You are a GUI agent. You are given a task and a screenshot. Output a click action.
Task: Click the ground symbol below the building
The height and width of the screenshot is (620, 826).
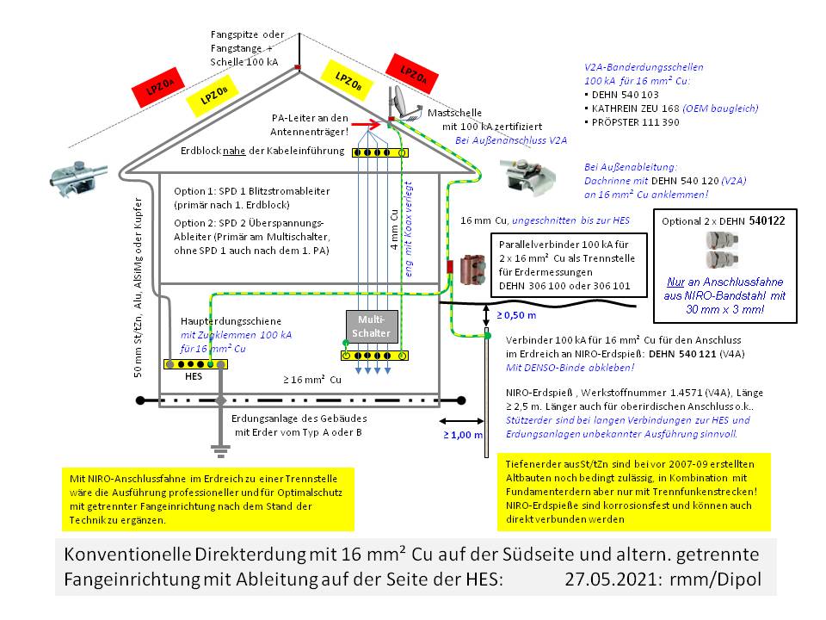(x=220, y=450)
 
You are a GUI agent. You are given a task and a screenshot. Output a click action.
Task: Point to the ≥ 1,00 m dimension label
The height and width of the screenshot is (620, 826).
(x=462, y=435)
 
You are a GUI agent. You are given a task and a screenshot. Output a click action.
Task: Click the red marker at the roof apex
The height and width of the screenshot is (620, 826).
(x=297, y=66)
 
